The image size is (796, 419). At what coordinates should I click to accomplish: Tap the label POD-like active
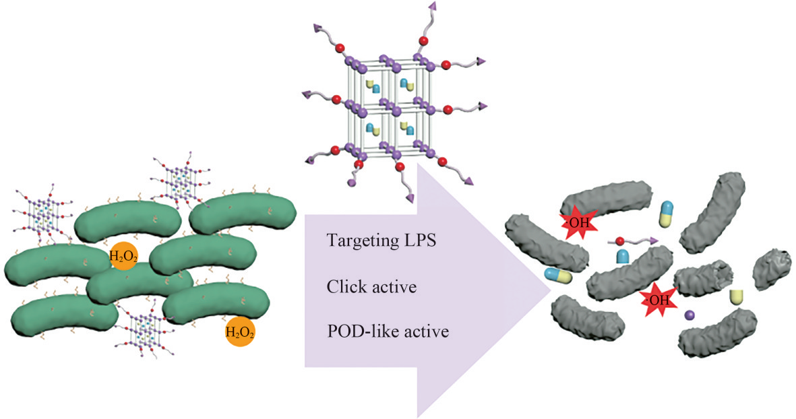pos(387,332)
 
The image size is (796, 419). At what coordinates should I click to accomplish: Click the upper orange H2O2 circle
pos(124,255)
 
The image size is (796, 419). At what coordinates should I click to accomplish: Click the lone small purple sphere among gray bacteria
pos(690,315)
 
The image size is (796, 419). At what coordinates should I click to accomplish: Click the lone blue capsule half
pos(623,257)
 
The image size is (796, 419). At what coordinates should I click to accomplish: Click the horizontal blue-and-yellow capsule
pos(559,275)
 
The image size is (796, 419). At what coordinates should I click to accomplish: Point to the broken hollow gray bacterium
pos(703,279)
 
